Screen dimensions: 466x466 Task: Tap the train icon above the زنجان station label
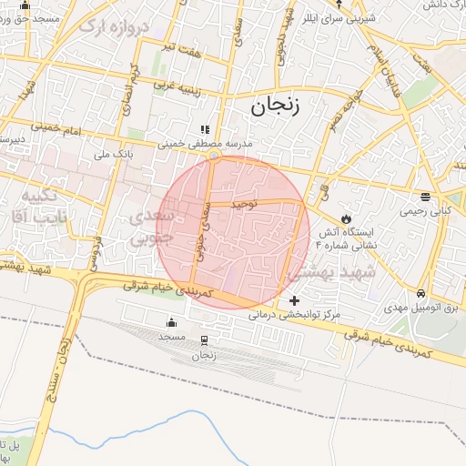point(203,340)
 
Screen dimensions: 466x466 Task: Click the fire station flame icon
point(346,218)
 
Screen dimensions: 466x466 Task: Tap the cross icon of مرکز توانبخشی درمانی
point(293,300)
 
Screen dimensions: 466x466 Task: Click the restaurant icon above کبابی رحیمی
point(425,197)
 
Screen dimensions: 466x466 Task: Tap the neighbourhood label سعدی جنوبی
point(151,228)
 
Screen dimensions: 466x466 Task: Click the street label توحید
point(246,204)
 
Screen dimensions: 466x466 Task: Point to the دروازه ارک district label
point(113,26)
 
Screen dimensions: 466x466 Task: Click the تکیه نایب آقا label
point(36,207)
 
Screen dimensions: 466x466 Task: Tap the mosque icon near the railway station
point(170,323)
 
